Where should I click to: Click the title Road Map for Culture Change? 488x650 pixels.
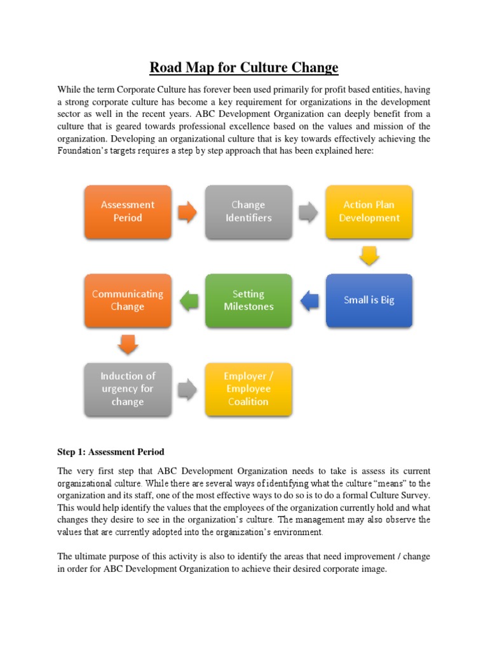point(244,67)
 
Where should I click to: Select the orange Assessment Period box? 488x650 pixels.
point(127,211)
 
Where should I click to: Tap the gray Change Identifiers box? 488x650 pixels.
point(248,211)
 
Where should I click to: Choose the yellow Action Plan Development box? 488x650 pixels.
point(369,211)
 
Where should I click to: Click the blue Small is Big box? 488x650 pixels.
point(369,300)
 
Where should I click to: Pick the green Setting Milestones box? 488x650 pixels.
point(248,300)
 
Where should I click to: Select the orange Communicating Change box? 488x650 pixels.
point(127,300)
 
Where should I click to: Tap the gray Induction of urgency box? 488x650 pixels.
point(127,389)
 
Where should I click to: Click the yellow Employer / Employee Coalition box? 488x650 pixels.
point(248,389)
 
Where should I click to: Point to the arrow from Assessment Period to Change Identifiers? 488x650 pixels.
point(187,212)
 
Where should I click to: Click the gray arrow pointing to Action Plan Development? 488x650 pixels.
point(309,212)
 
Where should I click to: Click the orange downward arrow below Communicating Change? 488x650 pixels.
point(127,345)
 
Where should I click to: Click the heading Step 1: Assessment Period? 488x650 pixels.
point(111,452)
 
